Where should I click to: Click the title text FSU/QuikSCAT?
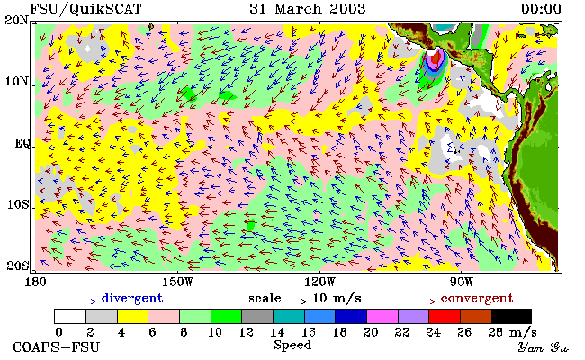point(85,9)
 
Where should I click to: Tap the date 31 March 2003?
point(308,9)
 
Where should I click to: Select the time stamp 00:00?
point(541,9)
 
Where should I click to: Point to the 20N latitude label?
point(16,20)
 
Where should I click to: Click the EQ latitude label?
point(22,143)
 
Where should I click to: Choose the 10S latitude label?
point(19,204)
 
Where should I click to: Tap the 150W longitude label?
point(178,282)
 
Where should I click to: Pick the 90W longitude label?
point(461,282)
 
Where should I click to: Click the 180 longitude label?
point(35,282)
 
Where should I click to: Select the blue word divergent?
point(132,299)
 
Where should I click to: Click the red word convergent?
point(477,299)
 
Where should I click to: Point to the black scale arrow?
point(297,301)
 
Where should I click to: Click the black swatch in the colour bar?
point(511,316)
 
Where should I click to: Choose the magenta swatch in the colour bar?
point(382,316)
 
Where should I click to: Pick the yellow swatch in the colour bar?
point(133,316)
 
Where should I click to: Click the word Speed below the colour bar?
point(292,345)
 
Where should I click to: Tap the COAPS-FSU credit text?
point(57,347)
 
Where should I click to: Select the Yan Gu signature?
point(544,347)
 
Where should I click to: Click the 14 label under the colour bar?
point(277,332)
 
